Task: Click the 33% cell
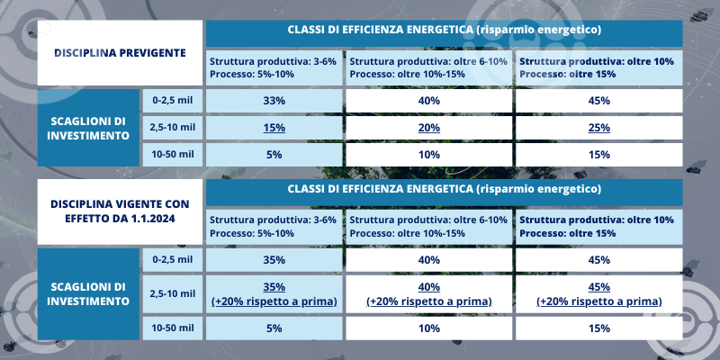point(274,101)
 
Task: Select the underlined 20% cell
point(429,128)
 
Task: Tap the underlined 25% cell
point(598,128)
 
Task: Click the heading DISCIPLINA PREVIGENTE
point(120,53)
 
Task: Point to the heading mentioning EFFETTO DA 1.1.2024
point(120,211)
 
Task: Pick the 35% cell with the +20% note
point(274,294)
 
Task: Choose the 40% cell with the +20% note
point(429,294)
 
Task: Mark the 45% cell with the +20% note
point(598,294)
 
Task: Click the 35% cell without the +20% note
point(274,260)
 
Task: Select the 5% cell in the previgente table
point(274,155)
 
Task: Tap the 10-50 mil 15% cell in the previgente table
point(598,155)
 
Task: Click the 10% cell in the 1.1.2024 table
point(429,328)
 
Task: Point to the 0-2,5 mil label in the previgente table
point(173,101)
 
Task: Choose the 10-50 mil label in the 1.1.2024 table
point(173,328)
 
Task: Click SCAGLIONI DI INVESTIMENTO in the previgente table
point(88,128)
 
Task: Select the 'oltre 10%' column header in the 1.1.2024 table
point(598,227)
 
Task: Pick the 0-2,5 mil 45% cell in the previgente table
point(598,101)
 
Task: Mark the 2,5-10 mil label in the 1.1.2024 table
point(173,294)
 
